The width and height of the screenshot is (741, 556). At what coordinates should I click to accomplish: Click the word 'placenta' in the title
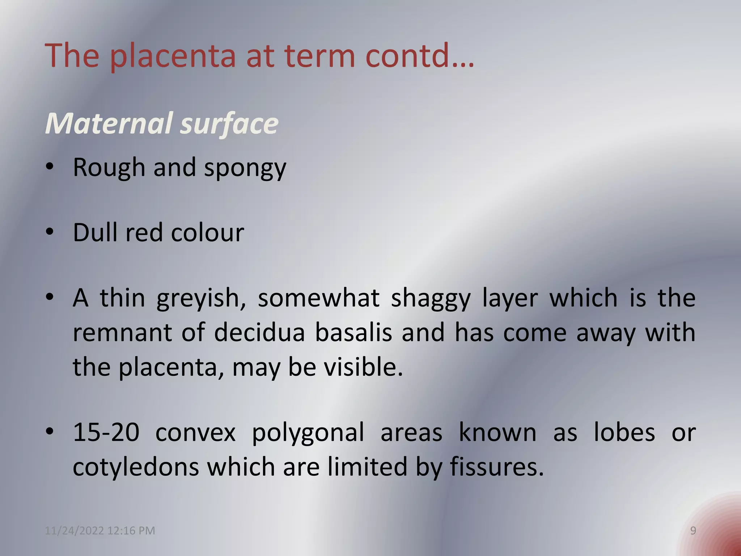pos(173,56)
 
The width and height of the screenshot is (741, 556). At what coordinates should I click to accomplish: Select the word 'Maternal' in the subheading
pos(109,123)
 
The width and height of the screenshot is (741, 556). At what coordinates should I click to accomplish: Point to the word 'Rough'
pos(109,168)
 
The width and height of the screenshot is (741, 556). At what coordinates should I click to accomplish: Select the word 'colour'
pos(207,232)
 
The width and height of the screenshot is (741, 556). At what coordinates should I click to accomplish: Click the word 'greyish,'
pos(201,299)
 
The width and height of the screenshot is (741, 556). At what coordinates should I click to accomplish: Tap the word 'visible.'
pos(363,367)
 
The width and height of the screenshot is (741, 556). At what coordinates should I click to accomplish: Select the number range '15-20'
pos(106,432)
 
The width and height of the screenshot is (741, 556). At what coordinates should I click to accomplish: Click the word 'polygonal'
pos(308,433)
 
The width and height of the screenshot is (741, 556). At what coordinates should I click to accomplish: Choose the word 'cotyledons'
pos(136,467)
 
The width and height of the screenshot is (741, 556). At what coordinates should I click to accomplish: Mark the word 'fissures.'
pos(497,467)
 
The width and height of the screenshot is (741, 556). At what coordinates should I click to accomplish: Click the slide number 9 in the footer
pos(693,531)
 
